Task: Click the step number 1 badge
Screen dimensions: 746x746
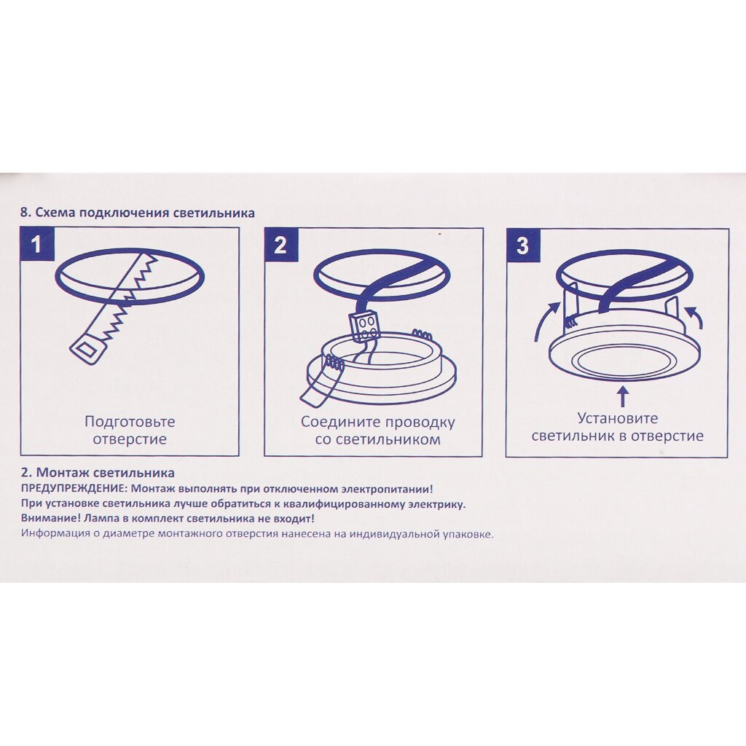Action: [37, 245]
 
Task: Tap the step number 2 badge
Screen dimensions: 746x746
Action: [280, 245]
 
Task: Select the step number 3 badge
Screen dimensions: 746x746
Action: [522, 246]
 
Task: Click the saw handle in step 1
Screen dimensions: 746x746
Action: [87, 350]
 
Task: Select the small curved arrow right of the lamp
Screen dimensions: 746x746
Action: [694, 317]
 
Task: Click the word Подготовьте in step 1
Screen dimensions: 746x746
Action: [130, 422]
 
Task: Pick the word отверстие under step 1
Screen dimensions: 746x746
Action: [130, 439]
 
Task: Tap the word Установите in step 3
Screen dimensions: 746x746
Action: [618, 418]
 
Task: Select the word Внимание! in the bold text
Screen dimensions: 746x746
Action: [44, 519]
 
